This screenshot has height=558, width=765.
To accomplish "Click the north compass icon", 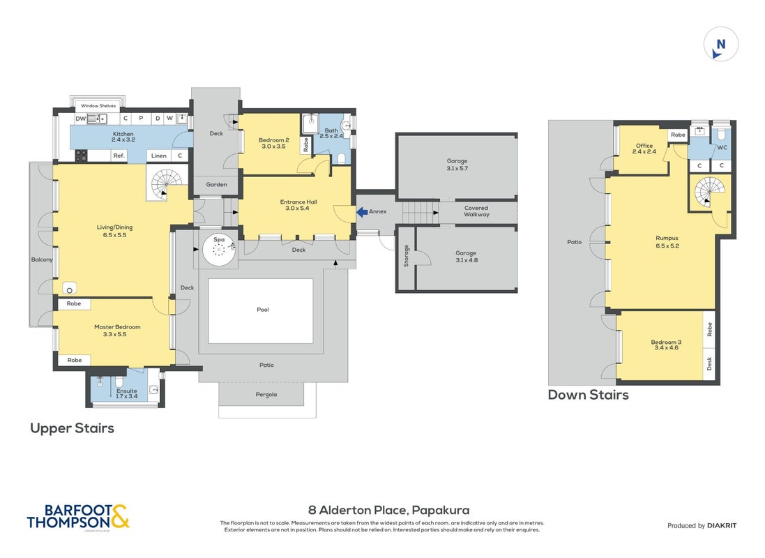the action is pos(720,44).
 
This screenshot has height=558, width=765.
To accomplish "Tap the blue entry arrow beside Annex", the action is pos(361,212).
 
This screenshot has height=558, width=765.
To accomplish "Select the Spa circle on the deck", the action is pos(219,250).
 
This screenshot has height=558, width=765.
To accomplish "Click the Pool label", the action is pos(262,310).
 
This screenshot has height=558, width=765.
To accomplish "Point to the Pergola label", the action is pos(266,395).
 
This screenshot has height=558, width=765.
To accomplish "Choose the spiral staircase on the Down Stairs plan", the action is pos(710,192).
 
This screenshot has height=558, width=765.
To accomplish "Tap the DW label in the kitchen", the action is pos(80,119).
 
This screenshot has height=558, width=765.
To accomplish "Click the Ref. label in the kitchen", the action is pos(119,156).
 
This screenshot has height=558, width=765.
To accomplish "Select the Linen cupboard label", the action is pos(159,156).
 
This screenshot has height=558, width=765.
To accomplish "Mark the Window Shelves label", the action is pos(98,105).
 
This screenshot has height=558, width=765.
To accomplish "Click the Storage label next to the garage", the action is pos(406,256).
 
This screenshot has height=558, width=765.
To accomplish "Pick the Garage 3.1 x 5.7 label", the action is pos(457,165).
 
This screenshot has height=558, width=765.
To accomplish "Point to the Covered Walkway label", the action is pos(476,211).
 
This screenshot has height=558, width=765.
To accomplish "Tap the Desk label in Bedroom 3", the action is pos(709,363).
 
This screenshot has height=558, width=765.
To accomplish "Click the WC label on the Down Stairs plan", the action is pos(722,147).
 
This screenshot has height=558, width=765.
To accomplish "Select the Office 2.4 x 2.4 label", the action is pos(644,149).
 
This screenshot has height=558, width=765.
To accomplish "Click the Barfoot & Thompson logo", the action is pos(78,517).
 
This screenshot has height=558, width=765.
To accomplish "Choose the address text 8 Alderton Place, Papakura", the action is pos(389,511).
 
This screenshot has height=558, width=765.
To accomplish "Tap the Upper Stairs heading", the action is pos(73,428).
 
